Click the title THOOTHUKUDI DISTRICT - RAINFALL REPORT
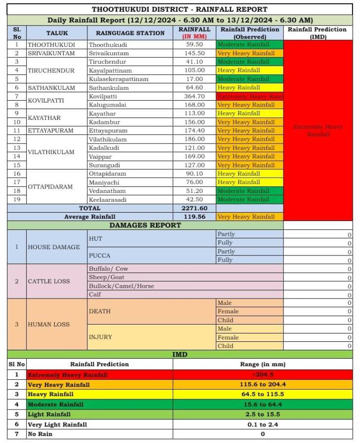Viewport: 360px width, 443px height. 180,9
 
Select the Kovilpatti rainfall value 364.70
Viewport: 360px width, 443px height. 194,96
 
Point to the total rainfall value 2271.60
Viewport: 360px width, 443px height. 194,208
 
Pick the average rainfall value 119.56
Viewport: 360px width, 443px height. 194,217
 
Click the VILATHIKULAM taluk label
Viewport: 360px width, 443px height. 51,152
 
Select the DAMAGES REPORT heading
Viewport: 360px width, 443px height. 145,225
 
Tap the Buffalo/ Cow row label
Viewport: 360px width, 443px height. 108,269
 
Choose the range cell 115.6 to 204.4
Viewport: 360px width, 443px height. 262,384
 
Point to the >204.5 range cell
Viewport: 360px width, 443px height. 262,375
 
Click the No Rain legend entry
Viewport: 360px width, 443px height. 40,434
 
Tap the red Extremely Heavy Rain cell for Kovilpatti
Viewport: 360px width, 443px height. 250,96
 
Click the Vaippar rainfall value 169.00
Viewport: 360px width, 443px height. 194,156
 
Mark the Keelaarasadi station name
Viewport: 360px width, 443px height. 108,199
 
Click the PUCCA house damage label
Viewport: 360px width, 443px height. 99,256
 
